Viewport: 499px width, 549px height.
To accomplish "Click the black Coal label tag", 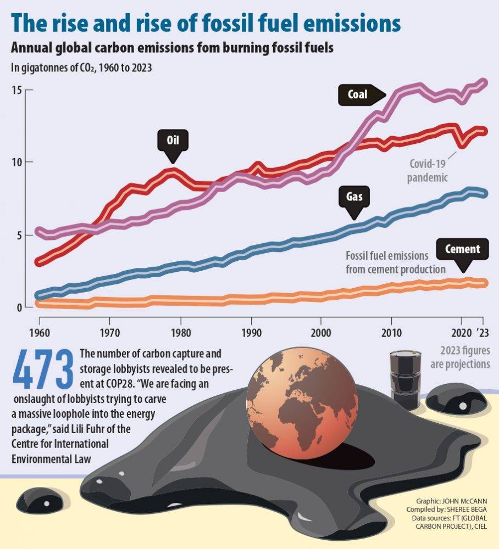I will click(x=357, y=94).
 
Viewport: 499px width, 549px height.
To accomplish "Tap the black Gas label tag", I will click(x=354, y=195).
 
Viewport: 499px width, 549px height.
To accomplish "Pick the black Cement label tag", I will click(x=462, y=249).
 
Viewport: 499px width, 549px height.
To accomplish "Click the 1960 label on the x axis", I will click(x=38, y=333).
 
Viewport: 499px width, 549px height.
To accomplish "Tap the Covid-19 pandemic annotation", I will click(x=428, y=170).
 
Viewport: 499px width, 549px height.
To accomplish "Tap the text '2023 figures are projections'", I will click(x=464, y=357).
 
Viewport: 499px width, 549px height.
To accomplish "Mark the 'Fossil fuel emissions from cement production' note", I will click(x=395, y=262).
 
